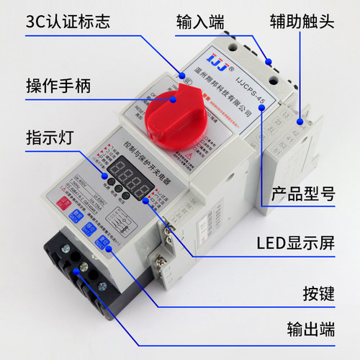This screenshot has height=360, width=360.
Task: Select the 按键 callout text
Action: tap(316, 294)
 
